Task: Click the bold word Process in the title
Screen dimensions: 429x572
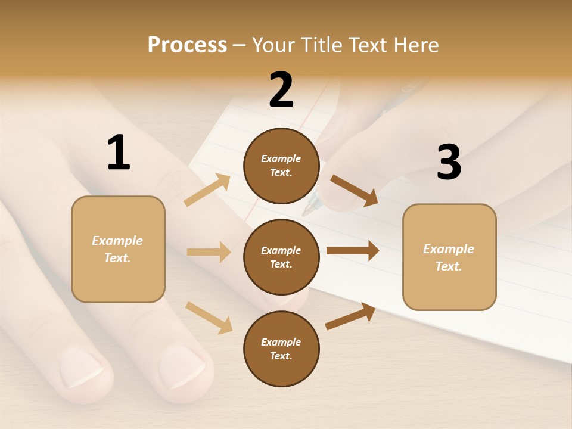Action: pyautogui.click(x=187, y=45)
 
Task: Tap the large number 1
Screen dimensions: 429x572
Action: pyautogui.click(x=119, y=153)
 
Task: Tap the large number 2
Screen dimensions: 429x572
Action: pyautogui.click(x=281, y=90)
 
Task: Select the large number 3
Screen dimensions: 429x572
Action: pyautogui.click(x=449, y=162)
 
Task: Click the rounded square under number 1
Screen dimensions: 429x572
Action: pyautogui.click(x=118, y=249)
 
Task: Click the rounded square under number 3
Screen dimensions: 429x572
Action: pyautogui.click(x=449, y=257)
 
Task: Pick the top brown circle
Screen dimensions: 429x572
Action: pyautogui.click(x=281, y=166)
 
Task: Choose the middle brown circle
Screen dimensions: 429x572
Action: pyautogui.click(x=281, y=257)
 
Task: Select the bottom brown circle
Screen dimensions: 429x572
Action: pyautogui.click(x=281, y=349)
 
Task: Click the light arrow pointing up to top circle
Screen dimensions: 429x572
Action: pyautogui.click(x=207, y=190)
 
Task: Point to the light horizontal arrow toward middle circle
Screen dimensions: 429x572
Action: pyautogui.click(x=209, y=252)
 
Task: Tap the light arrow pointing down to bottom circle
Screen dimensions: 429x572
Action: pyautogui.click(x=209, y=317)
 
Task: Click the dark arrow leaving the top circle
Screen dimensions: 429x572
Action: pyautogui.click(x=354, y=190)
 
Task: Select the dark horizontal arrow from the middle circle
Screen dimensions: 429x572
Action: pyautogui.click(x=353, y=251)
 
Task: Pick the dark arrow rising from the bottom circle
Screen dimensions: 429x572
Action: pyautogui.click(x=350, y=316)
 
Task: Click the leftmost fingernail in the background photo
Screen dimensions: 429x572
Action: pyautogui.click(x=82, y=366)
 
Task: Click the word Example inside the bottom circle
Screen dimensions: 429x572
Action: pyautogui.click(x=281, y=342)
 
